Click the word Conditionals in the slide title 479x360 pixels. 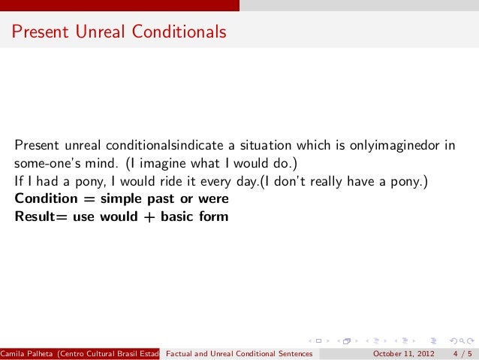click(179, 32)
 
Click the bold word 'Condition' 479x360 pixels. click(43, 199)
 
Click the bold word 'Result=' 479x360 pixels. click(41, 217)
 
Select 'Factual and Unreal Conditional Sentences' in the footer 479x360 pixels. click(238, 353)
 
